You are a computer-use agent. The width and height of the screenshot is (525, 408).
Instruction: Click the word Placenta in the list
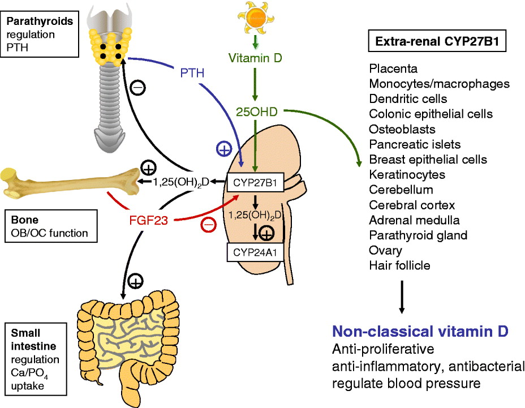(393, 69)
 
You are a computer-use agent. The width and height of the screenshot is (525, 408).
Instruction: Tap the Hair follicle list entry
(401, 265)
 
